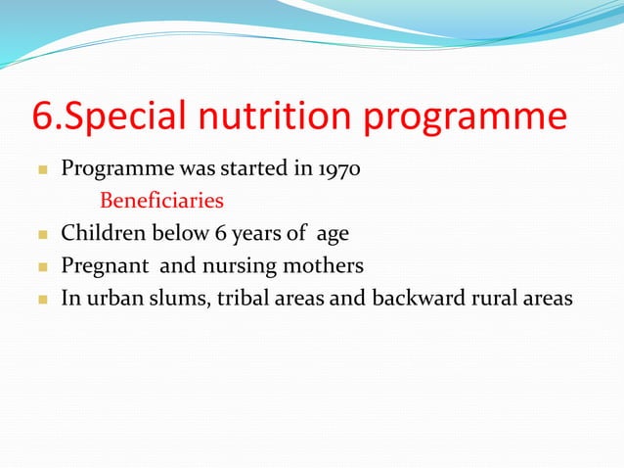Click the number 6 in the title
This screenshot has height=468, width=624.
(x=44, y=117)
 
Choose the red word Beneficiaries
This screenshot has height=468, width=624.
(x=161, y=201)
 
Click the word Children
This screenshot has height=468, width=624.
(x=98, y=233)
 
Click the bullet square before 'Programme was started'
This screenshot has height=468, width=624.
(x=41, y=169)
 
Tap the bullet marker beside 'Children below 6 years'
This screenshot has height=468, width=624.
(x=41, y=234)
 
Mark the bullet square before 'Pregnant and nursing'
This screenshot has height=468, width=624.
(x=41, y=266)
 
